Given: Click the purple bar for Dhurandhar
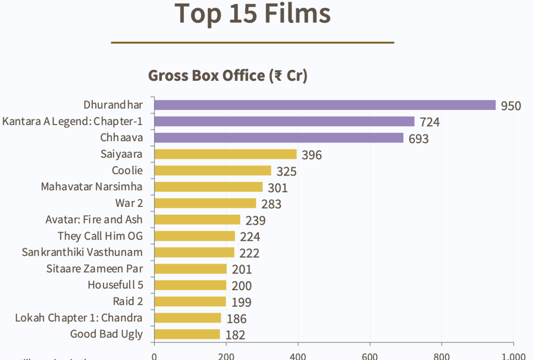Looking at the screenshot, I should point(325,105).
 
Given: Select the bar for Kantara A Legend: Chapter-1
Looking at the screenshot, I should point(284,121).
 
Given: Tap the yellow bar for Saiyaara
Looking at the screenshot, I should point(225,154).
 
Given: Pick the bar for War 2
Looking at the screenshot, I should point(205,203).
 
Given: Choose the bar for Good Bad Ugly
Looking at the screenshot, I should point(187,334).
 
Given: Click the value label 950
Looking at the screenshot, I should point(511,106).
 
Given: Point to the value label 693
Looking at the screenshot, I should point(418,139).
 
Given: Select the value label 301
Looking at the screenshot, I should point(277,188).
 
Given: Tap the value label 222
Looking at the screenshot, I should point(249,254).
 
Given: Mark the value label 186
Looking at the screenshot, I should point(236,319).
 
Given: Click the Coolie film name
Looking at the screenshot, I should point(127,170).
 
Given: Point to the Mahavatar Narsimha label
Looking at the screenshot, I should point(92,187).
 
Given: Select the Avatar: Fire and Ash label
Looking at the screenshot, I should point(94,219).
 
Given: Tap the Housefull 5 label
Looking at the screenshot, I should point(115,285).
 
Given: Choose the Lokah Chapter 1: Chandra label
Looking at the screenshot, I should point(79,318).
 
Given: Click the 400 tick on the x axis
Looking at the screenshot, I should point(298,356).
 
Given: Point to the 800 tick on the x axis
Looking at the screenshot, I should point(442,356).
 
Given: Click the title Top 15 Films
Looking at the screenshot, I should point(252,14).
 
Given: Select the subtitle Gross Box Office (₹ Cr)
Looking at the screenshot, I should point(227,76).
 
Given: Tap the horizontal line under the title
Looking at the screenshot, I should point(252,42).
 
